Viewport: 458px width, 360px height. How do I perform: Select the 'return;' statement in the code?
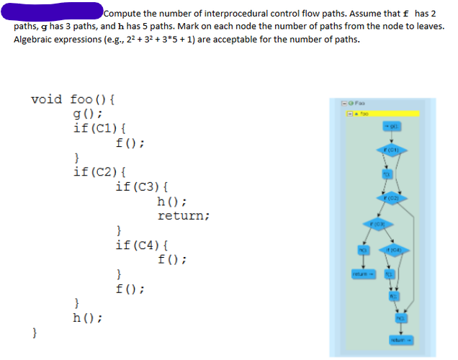coord(184,215)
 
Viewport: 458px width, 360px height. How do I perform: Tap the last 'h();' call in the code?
coord(87,318)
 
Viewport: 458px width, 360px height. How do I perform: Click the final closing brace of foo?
coord(34,332)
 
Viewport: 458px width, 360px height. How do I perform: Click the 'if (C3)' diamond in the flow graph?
coord(375,225)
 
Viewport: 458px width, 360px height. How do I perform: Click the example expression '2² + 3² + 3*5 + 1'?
coord(191,38)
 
